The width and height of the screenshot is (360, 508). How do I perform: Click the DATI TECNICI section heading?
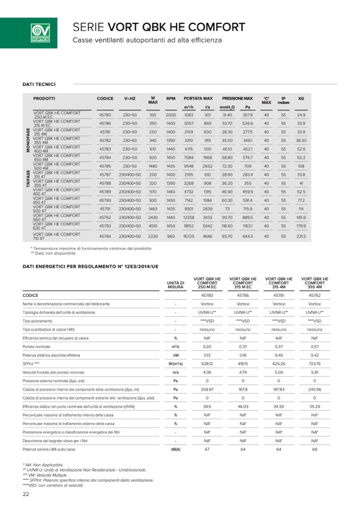(39, 84)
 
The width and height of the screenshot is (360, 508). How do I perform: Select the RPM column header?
(170, 99)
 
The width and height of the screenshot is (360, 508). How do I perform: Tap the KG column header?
(301, 99)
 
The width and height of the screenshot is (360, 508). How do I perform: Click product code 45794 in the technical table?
(105, 236)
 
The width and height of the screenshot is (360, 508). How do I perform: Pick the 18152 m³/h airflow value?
(189, 226)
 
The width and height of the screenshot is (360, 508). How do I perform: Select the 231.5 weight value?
(301, 236)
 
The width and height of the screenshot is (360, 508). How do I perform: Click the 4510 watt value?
(152, 226)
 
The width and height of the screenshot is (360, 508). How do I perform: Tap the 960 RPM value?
(170, 236)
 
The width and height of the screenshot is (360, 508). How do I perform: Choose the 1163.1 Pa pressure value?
(247, 226)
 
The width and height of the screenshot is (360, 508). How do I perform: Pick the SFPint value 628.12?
(207, 363)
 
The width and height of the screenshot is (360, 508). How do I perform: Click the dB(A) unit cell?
(175, 449)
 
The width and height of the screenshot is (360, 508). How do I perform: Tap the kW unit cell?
(175, 355)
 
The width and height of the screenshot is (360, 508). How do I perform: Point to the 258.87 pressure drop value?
(207, 389)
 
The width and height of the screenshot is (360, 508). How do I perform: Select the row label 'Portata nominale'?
(37, 346)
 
